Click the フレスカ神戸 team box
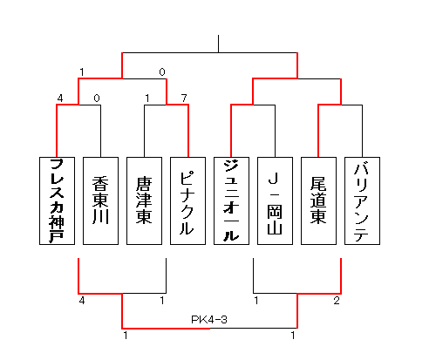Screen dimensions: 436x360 click(x=57, y=200)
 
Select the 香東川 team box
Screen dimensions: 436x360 click(x=100, y=200)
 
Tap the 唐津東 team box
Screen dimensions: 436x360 click(x=144, y=200)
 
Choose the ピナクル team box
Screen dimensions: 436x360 click(x=187, y=200)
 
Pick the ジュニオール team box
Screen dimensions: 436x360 click(x=231, y=200)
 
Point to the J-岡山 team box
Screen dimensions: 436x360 click(x=275, y=200)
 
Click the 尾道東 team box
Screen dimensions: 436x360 click(x=318, y=200)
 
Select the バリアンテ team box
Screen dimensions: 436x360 click(x=362, y=200)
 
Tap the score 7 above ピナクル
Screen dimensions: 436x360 click(x=184, y=98)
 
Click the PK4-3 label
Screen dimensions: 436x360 click(x=209, y=320)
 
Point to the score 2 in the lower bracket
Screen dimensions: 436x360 click(x=337, y=301)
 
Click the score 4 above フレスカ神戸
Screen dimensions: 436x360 click(x=60, y=98)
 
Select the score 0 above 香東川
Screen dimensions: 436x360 click(x=97, y=98)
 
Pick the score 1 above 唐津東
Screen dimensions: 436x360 click(x=147, y=98)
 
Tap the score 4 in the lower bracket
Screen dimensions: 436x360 click(x=82, y=301)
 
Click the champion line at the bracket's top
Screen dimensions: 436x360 click(x=218, y=44)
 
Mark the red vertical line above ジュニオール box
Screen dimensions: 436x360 click(x=231, y=131)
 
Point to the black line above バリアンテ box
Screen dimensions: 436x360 click(x=362, y=131)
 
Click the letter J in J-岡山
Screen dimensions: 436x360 click(x=274, y=179)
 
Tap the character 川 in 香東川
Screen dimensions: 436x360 click(x=100, y=216)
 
